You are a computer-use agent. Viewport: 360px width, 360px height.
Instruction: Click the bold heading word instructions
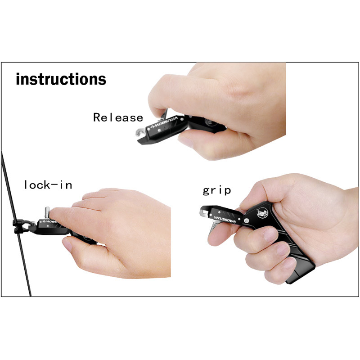point(61,79)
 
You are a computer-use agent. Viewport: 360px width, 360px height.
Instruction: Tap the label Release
point(118,117)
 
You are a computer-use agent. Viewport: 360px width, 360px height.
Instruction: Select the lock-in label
point(48,185)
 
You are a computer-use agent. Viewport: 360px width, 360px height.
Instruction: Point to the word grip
point(217,191)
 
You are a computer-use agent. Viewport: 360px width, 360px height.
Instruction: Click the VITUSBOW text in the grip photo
point(225,219)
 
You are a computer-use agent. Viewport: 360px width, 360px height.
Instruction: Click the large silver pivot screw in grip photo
point(246,220)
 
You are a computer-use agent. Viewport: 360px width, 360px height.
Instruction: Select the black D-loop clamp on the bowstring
point(21,226)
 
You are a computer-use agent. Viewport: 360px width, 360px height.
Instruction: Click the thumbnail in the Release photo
point(186,141)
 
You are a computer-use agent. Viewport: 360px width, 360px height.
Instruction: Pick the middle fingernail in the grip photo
point(282,250)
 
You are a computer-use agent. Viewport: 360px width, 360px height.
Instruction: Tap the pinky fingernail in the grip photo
point(289,263)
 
